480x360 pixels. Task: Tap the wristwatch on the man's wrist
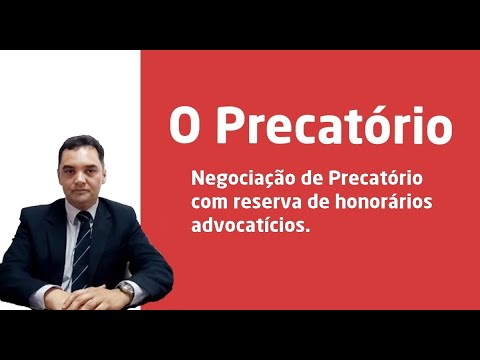pos(124,288)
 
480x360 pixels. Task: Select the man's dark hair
pos(82,142)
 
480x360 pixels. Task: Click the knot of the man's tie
pos(82,216)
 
